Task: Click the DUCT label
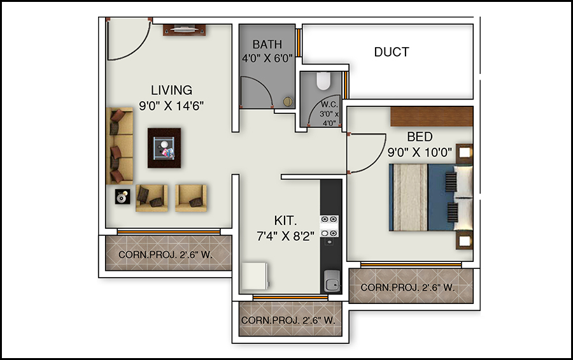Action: [392, 52]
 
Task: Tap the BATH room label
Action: [267, 45]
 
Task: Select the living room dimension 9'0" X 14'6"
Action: [171, 106]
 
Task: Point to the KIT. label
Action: [286, 220]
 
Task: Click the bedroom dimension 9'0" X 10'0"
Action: [419, 152]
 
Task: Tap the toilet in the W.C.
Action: [323, 80]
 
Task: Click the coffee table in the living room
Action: [164, 148]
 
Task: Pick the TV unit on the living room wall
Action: [185, 29]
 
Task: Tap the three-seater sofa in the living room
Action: [120, 147]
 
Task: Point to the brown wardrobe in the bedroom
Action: [431, 116]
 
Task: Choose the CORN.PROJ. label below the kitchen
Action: [288, 320]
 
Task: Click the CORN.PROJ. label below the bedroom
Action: [407, 287]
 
